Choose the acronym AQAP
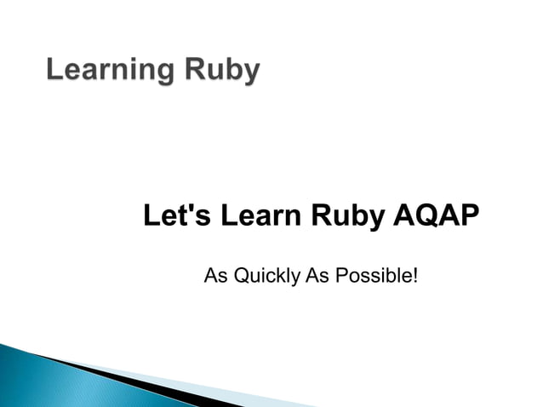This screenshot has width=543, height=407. point(435,215)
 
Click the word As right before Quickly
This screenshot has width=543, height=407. point(214,276)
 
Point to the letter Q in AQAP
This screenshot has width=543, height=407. point(423,215)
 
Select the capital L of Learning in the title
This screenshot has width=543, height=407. point(54,70)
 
